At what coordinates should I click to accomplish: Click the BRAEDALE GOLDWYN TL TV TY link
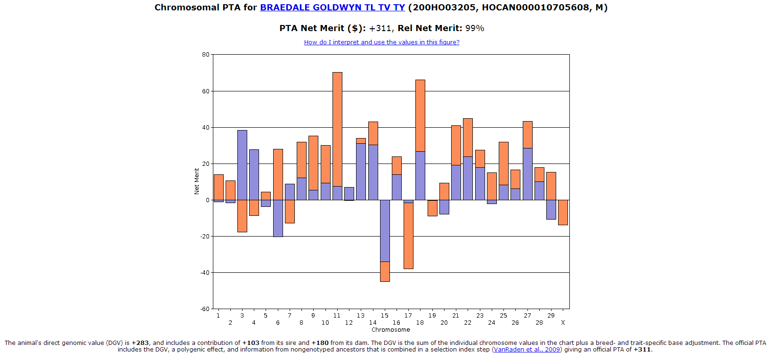click(332, 8)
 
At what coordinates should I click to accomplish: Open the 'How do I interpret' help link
click(381, 42)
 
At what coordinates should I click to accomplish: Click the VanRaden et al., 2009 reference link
click(527, 350)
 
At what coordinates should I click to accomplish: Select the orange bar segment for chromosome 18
click(420, 115)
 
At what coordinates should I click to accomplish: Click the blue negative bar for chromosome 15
click(385, 230)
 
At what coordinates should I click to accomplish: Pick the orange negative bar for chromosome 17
click(408, 236)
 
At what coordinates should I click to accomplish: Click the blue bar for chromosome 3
click(242, 165)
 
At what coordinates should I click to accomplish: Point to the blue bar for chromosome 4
click(254, 174)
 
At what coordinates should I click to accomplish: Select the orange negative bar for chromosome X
click(563, 213)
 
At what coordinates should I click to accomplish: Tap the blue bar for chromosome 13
click(361, 172)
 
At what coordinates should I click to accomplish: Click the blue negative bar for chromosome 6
click(278, 218)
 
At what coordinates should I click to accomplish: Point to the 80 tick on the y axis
click(206, 55)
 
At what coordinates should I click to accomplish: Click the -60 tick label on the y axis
click(205, 309)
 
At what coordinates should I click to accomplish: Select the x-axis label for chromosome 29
click(551, 316)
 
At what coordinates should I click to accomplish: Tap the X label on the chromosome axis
click(563, 323)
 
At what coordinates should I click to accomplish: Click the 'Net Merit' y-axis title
click(197, 181)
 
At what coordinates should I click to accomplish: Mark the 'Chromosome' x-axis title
click(390, 330)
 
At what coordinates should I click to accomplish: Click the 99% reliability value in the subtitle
click(475, 28)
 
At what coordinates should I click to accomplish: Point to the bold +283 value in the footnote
click(140, 343)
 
